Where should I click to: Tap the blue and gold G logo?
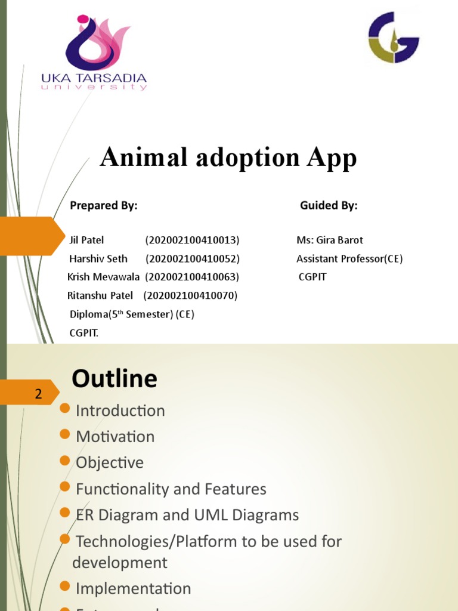point(393,38)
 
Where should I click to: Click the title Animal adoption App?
point(228,158)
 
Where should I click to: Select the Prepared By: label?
point(104,206)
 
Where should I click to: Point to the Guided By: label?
point(329,206)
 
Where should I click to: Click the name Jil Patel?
point(86,240)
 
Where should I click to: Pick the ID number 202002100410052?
point(192,258)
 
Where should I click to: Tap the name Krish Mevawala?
point(104,277)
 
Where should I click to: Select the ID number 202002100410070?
point(190,295)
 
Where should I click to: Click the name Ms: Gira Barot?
point(329,240)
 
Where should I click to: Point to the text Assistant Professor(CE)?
point(349,258)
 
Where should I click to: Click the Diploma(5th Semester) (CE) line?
point(132,314)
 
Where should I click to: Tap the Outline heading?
point(114,379)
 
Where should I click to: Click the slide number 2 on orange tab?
point(39,394)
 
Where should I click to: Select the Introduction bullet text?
point(120,411)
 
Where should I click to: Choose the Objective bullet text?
point(110,462)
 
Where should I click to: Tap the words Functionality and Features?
point(171,489)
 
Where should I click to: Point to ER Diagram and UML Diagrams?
point(187,515)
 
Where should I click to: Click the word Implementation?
point(133,588)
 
